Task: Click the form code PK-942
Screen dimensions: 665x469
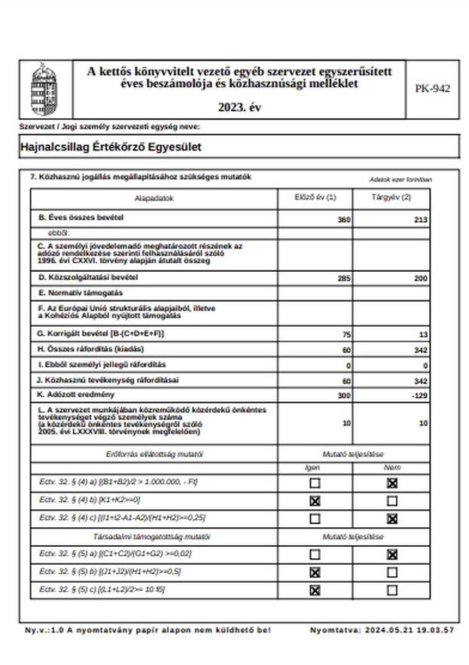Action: (x=432, y=88)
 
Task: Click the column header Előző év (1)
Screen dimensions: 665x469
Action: (x=314, y=198)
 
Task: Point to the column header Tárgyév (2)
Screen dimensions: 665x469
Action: (x=391, y=198)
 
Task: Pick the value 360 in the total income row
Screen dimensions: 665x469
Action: (x=344, y=219)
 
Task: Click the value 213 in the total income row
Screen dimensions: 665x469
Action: (x=421, y=219)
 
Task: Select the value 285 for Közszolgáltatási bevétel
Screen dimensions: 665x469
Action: (x=343, y=278)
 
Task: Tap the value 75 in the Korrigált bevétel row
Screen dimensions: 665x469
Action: (x=346, y=333)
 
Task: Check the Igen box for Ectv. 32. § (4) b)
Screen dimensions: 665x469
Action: (x=315, y=500)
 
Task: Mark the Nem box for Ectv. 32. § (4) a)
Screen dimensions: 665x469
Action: (x=391, y=482)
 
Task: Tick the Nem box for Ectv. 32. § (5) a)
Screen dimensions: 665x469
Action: (x=391, y=554)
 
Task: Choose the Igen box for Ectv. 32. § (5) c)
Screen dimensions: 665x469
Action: (x=315, y=590)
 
